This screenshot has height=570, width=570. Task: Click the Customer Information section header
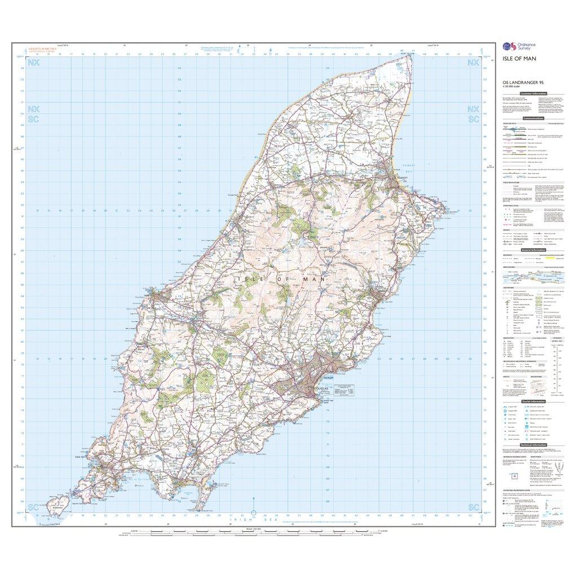click(x=533, y=94)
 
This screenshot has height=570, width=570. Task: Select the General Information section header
click(x=534, y=250)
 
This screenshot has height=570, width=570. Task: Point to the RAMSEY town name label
click(x=401, y=176)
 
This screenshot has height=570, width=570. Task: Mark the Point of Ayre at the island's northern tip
click(x=407, y=54)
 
